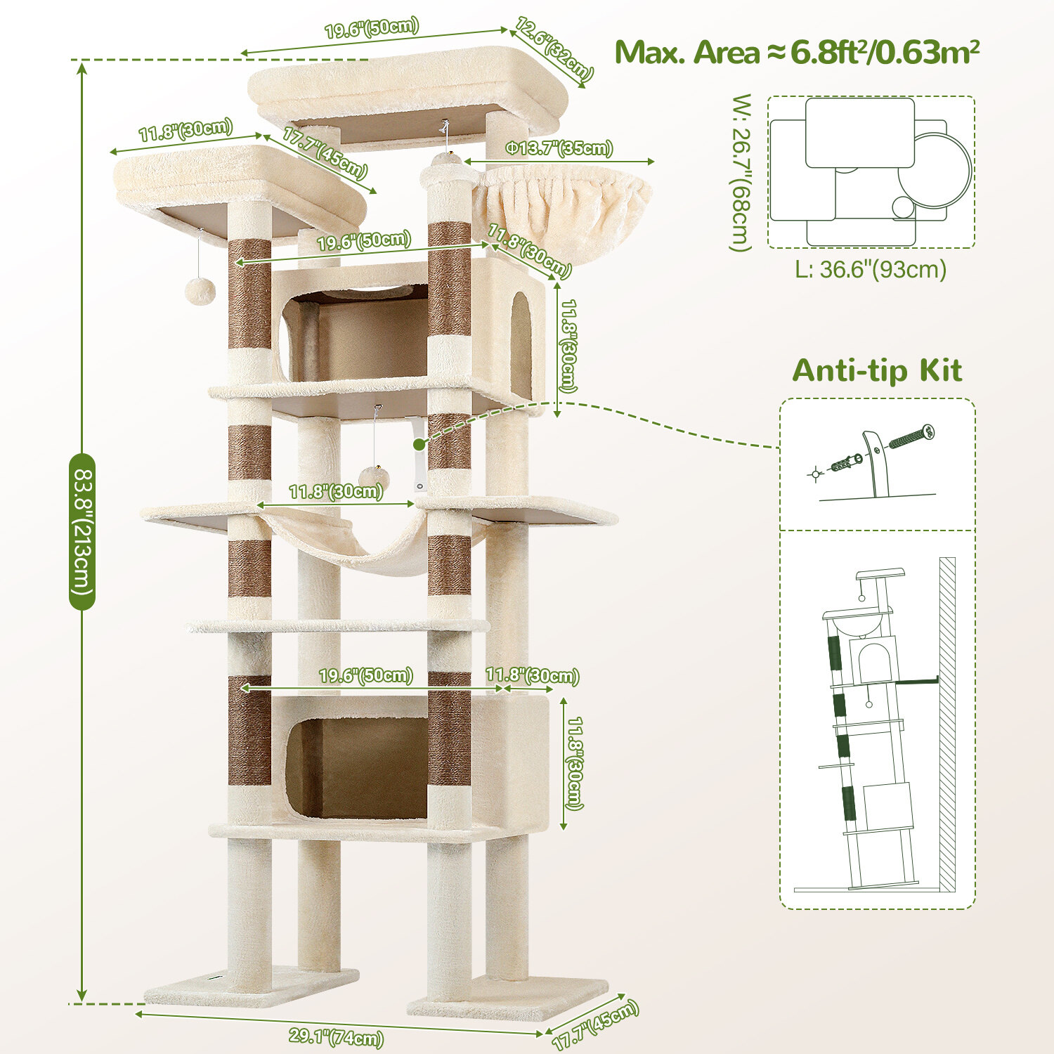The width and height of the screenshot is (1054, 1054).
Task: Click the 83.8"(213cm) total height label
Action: click(82, 531)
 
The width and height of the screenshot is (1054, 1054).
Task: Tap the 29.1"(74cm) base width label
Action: click(337, 1037)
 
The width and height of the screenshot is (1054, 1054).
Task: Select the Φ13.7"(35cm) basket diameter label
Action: click(560, 148)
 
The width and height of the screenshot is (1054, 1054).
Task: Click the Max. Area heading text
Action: click(798, 53)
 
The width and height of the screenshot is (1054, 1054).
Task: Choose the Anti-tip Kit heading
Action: click(877, 370)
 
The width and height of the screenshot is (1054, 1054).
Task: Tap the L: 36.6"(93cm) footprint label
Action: click(871, 269)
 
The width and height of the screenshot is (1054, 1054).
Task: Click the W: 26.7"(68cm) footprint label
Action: click(741, 172)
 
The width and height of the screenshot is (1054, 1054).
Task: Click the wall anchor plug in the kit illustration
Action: click(846, 463)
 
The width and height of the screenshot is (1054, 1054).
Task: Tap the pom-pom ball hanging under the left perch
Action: click(200, 291)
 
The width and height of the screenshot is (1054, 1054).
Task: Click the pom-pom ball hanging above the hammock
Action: click(374, 478)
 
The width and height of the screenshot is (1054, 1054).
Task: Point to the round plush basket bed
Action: click(562, 207)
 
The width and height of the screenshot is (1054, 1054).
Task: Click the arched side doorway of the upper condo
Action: click(521, 345)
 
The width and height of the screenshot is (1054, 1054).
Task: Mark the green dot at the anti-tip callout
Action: click(419, 444)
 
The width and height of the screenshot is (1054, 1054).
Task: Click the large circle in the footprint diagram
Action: click(935, 171)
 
